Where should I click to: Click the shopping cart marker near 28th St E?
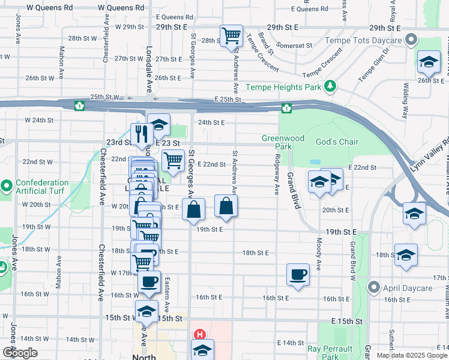pyautogui.click(x=231, y=35)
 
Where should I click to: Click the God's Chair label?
pyautogui.click(x=337, y=142)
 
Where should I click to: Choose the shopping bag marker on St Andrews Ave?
pyautogui.click(x=225, y=207)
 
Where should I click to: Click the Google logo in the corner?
pyautogui.click(x=19, y=353)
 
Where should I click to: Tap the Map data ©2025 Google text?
pyautogui.click(x=411, y=355)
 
